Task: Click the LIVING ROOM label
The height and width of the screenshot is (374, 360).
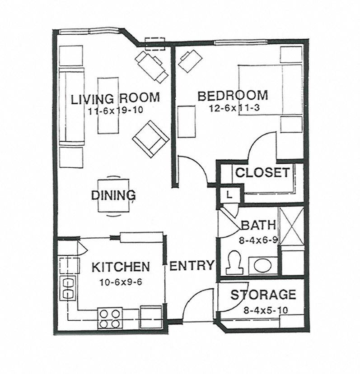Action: point(115,98)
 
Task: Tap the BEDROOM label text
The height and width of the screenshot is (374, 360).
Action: point(232,96)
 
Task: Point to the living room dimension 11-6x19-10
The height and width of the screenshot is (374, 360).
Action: point(115,111)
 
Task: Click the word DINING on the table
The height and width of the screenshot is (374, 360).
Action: point(113,195)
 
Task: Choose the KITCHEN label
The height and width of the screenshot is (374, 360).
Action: point(121,267)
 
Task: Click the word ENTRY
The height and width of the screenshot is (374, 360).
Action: point(192,266)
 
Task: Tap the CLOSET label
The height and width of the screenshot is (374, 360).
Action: point(262,172)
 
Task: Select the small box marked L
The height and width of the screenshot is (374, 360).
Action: point(229,195)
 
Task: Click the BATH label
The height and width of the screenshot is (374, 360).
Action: point(256,225)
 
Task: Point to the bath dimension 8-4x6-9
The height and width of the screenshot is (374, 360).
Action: point(257,240)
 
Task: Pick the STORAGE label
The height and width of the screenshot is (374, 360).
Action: point(263,295)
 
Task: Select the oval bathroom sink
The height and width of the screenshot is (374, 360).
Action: point(262,265)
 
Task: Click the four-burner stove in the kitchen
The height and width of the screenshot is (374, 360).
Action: point(110,318)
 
